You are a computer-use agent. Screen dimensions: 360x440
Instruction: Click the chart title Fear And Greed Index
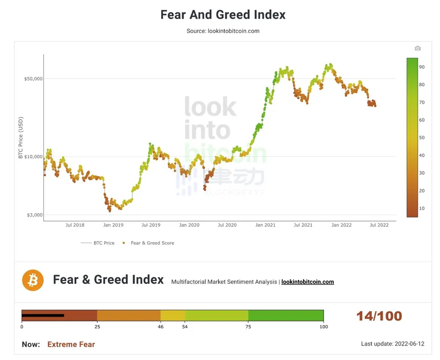(x=223, y=15)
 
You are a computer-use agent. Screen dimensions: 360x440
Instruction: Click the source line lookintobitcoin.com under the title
(x=223, y=31)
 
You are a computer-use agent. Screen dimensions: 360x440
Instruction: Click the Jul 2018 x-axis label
(x=75, y=225)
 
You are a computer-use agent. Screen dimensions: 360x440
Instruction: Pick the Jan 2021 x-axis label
(x=265, y=225)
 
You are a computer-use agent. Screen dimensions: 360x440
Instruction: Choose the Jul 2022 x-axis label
(x=379, y=225)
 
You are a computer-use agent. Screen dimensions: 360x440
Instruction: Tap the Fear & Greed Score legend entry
(x=152, y=243)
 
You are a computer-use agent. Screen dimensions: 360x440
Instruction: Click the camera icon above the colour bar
(x=418, y=48)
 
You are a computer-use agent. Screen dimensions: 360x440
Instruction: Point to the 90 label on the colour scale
(x=422, y=67)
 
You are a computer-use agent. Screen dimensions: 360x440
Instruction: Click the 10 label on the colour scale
(x=422, y=208)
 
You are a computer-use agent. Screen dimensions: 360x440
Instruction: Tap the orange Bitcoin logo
(x=33, y=280)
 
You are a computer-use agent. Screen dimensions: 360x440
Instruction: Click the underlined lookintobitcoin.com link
(x=307, y=282)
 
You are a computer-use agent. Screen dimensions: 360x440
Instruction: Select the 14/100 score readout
(x=379, y=316)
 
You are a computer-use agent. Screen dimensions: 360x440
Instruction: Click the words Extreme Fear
(x=71, y=344)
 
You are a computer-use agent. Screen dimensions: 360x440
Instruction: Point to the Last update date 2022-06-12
(x=392, y=344)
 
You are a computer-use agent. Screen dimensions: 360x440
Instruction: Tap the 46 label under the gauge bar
(x=161, y=326)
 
